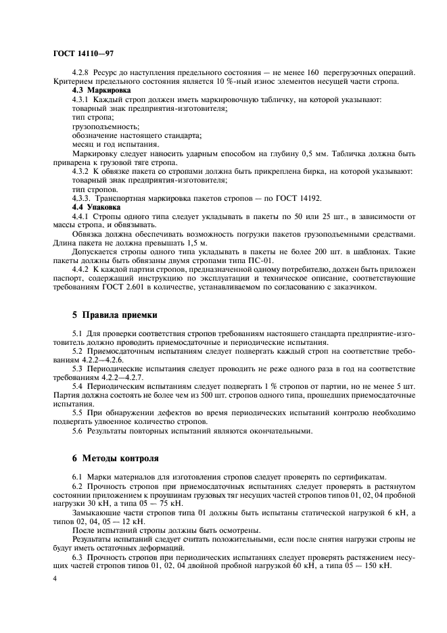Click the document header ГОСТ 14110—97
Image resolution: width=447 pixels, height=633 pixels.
76,52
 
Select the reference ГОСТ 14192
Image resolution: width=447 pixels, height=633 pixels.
302,198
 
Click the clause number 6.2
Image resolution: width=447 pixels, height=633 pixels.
78,486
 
